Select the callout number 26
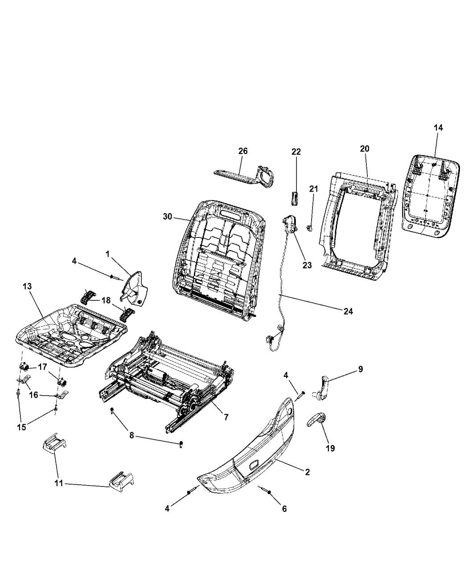pyautogui.click(x=243, y=151)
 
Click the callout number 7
pyautogui.click(x=226, y=417)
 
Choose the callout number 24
pyautogui.click(x=348, y=311)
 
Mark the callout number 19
pyautogui.click(x=331, y=448)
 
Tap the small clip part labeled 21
pyautogui.click(x=308, y=229)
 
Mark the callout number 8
pyautogui.click(x=131, y=435)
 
